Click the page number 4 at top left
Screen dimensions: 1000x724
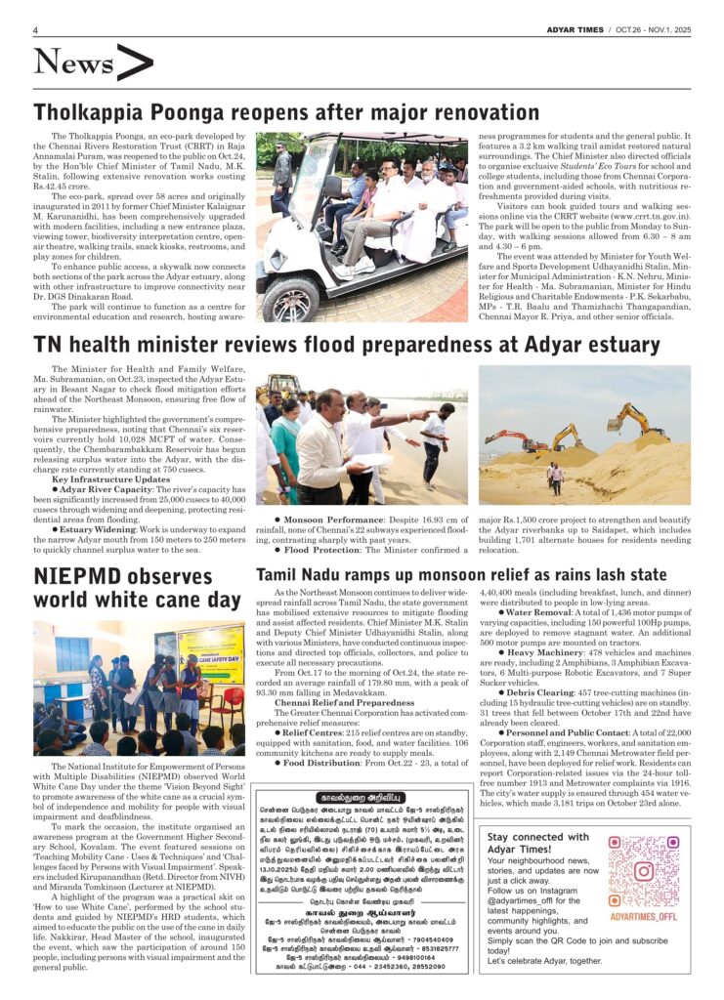point(35,30)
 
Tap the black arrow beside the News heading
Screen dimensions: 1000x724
point(134,62)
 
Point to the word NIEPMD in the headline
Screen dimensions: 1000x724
point(74,576)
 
